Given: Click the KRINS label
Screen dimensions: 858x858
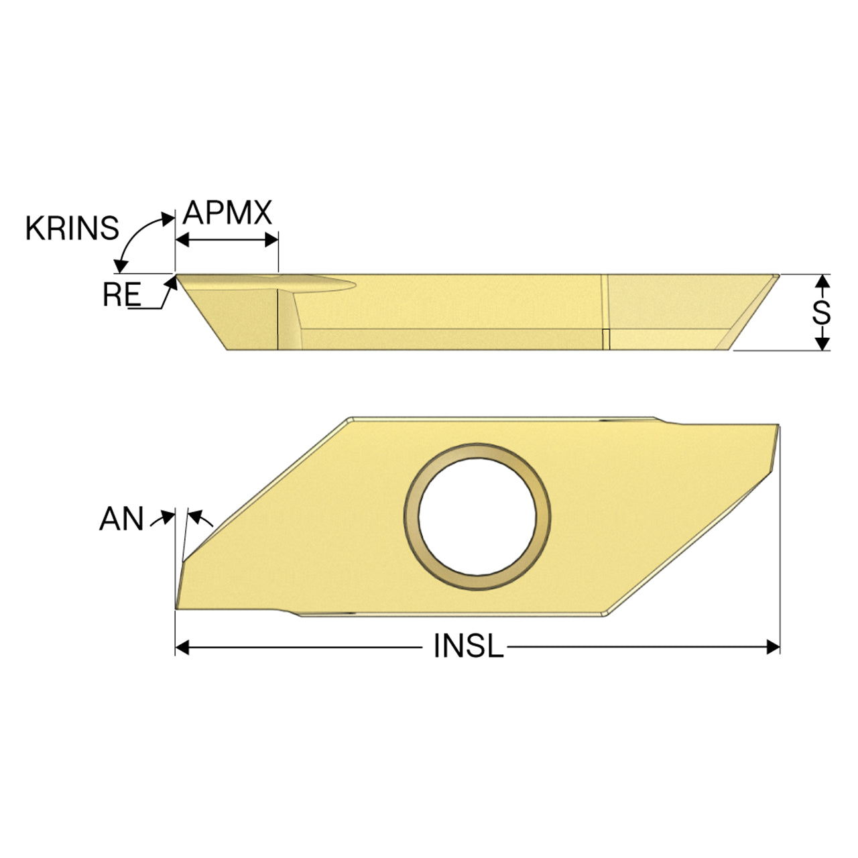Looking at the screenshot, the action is point(72,229).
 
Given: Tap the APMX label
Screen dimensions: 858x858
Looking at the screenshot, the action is point(227,213).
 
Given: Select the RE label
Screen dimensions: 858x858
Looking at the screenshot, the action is point(121,294).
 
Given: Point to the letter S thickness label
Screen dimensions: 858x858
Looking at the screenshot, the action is point(822,312).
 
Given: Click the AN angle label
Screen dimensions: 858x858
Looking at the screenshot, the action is point(121,519).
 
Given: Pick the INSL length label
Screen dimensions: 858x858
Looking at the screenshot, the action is point(469,646).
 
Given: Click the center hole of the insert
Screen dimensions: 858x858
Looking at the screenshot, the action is point(477,517).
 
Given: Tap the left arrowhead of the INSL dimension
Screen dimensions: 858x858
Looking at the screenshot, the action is point(182,647).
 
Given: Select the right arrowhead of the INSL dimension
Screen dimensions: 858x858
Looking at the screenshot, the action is point(773,647).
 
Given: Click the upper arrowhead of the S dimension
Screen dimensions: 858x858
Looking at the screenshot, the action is point(823,281).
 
